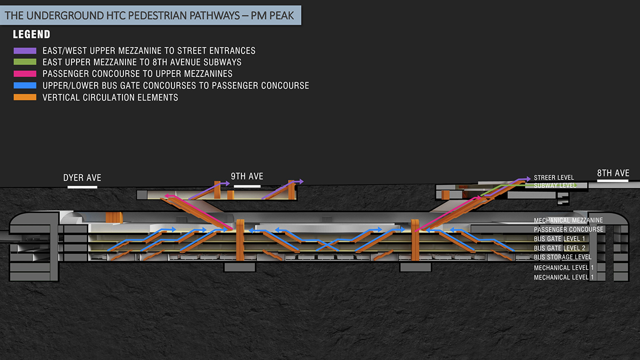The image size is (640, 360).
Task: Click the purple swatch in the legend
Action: (x=25, y=51)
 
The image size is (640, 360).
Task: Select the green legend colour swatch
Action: (x=25, y=62)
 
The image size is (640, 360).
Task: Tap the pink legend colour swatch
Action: (x=25, y=73)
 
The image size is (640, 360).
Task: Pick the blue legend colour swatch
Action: (x=25, y=85)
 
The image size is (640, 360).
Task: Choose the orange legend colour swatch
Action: (x=25, y=97)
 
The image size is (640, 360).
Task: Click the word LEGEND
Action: (x=31, y=34)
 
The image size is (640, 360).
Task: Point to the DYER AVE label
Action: (x=82, y=177)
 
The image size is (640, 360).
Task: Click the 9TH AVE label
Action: (x=247, y=176)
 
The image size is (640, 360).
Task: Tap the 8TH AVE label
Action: (x=613, y=173)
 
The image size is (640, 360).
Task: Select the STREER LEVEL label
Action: (x=553, y=177)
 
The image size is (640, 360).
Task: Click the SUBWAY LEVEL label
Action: (x=555, y=185)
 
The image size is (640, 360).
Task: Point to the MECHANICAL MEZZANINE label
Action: (x=568, y=220)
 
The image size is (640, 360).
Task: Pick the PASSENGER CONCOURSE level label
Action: (x=568, y=229)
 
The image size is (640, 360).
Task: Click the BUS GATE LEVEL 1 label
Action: (x=559, y=238)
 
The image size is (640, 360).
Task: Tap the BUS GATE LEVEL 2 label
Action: (x=559, y=248)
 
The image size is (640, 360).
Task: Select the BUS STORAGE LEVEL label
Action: (x=562, y=257)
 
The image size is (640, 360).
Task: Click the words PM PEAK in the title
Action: (x=272, y=15)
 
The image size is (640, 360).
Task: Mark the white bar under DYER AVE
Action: (x=82, y=187)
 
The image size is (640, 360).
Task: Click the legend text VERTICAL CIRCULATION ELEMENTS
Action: (x=110, y=97)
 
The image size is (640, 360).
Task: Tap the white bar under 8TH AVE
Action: (x=612, y=180)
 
